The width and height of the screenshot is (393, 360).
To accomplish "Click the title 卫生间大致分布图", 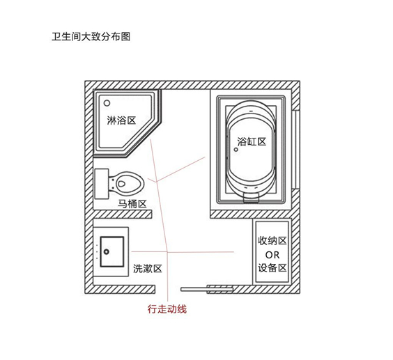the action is pos(91,37).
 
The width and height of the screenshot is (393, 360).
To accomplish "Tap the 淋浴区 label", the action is pos(121,120).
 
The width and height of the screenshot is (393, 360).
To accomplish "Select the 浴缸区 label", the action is pos(252,142).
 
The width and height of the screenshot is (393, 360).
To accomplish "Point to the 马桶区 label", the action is pos(132,204).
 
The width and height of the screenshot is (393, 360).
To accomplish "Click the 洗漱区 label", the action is pos(148,269).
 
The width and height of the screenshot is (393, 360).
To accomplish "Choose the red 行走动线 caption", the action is pos(167,309).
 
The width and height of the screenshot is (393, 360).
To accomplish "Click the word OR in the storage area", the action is pos(272,255).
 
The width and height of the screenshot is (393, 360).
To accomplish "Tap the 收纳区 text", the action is pos(272,241).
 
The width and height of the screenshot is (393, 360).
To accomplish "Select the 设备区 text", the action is pos(272,268).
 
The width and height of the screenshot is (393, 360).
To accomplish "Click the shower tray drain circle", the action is pos(107,103).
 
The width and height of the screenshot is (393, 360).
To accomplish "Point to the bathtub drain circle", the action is pos(236,150).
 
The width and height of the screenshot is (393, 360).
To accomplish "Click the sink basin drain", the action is pos(107,252).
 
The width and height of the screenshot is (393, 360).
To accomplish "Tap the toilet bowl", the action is pos(127,184).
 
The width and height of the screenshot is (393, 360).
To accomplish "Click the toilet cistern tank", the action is pos(102,184).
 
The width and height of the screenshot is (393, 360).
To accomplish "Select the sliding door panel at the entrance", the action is pos(207,290).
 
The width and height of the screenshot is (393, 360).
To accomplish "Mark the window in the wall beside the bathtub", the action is pos(295,149).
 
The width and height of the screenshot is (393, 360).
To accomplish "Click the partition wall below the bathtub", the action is pos(251,214).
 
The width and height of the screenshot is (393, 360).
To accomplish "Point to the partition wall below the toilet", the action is pos(123,214).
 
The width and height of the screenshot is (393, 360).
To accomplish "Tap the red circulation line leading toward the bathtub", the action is pos(180,169).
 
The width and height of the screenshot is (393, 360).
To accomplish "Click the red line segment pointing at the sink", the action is pos(149,251).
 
